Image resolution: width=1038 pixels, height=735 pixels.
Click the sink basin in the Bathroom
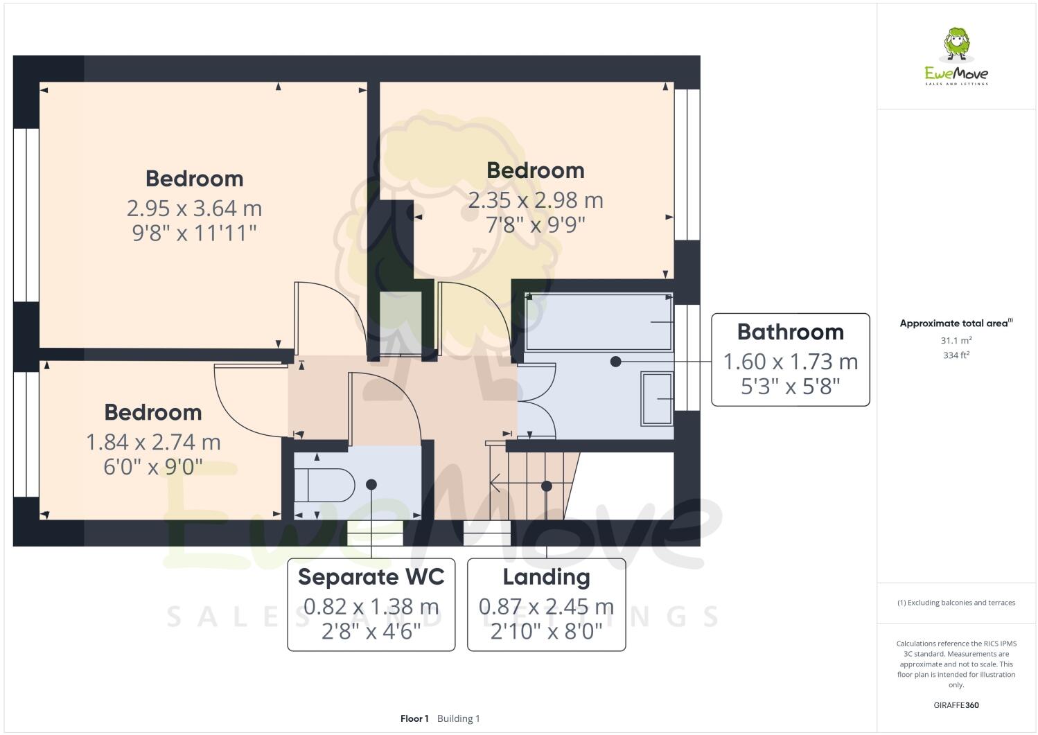(657, 398)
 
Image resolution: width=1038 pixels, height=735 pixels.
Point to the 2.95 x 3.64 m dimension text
(194, 208)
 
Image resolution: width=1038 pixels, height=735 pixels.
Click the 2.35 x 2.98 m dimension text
(535, 200)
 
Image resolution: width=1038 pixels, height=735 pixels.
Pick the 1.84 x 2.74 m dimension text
(153, 442)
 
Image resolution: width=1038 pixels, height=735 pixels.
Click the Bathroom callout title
(790, 332)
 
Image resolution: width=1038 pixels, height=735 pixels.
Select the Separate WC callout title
(371, 576)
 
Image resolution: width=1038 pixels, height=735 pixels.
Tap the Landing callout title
(546, 576)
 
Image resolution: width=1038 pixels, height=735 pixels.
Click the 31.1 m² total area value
(956, 340)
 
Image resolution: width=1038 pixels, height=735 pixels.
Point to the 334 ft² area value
(956, 355)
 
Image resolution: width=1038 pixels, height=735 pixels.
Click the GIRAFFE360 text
(956, 705)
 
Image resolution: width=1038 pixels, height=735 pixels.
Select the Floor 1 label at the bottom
(414, 718)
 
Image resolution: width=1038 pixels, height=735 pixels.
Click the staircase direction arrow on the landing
(496, 482)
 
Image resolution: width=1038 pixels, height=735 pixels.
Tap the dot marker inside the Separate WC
(371, 484)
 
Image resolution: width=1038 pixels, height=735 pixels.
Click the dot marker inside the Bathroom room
(615, 362)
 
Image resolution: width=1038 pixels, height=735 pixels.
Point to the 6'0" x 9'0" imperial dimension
(153, 467)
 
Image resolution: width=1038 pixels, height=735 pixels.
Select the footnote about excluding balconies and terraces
(956, 603)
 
